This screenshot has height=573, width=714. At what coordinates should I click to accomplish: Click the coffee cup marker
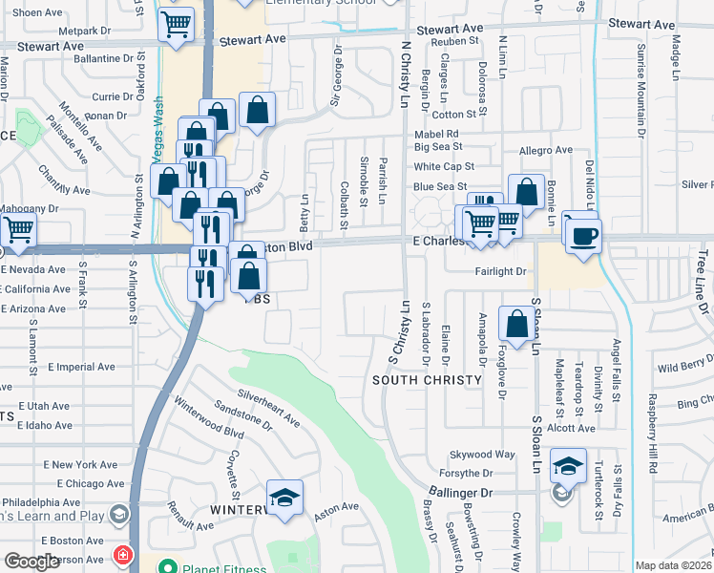pos(584,234)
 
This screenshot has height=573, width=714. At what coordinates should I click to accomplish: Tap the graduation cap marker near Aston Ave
pos(284,499)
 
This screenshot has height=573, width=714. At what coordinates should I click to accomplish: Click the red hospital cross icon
pos(122,555)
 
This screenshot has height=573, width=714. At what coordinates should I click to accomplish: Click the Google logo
pos(31,562)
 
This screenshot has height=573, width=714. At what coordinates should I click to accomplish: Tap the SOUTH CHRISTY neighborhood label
pos(427,380)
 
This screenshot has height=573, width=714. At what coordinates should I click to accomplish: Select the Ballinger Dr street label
pos(459,493)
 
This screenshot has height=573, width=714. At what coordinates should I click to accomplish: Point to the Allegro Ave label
pos(545,151)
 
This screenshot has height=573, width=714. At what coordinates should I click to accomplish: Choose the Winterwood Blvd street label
pos(207,417)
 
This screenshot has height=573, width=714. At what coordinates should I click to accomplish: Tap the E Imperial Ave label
pos(80,367)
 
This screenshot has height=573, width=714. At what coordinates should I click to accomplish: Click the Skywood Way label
pos(483,455)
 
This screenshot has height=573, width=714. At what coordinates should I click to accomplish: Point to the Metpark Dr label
pos(85,31)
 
